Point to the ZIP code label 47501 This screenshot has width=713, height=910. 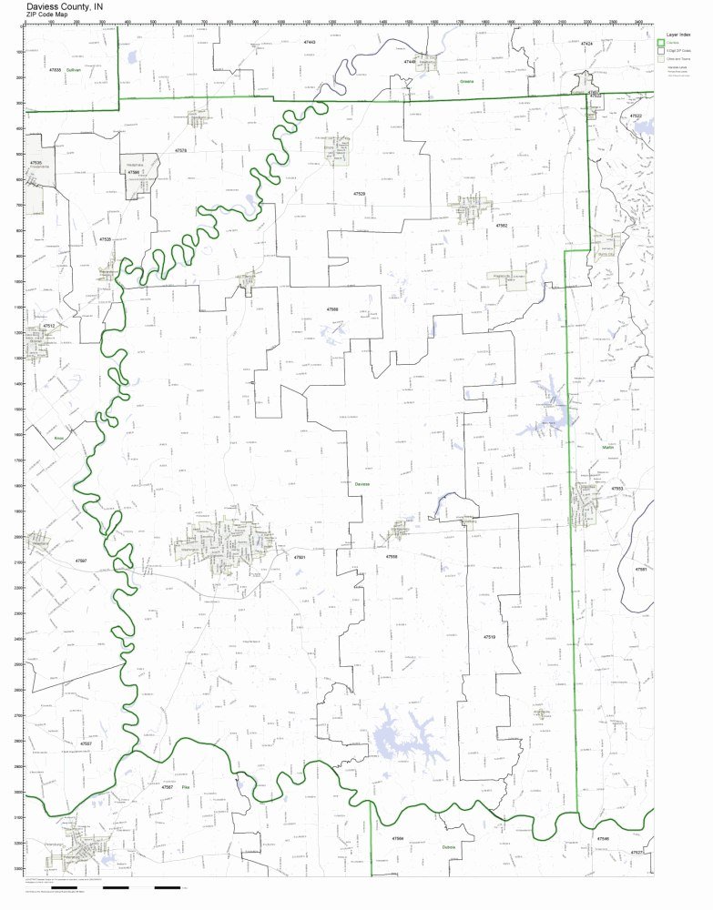300,557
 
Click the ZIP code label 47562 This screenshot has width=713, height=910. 501,224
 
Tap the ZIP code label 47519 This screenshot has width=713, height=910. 489,637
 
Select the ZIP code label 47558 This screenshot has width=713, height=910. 392,556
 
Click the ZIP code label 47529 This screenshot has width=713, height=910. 360,195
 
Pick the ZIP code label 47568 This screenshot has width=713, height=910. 332,309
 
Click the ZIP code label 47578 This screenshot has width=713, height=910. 180,151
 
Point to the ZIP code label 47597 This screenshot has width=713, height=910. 82,561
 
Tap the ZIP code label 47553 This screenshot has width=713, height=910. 616,489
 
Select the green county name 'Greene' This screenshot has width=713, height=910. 467,81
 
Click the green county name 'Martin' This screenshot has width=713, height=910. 608,448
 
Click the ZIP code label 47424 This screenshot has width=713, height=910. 586,44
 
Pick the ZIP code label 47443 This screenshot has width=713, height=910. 310,43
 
